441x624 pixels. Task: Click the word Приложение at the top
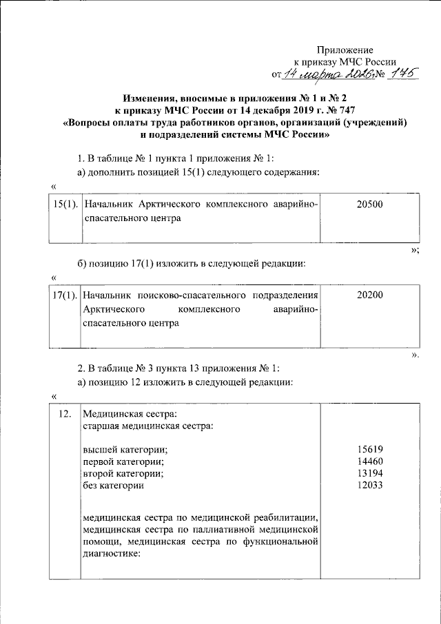pos(345,50)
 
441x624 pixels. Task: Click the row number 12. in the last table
pos(65,414)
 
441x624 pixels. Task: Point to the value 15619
pos(369,450)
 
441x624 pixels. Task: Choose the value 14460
pos(369,461)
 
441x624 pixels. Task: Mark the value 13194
pos(369,474)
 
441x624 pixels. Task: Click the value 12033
pos(369,486)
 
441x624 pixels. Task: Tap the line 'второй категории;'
pos(123,474)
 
